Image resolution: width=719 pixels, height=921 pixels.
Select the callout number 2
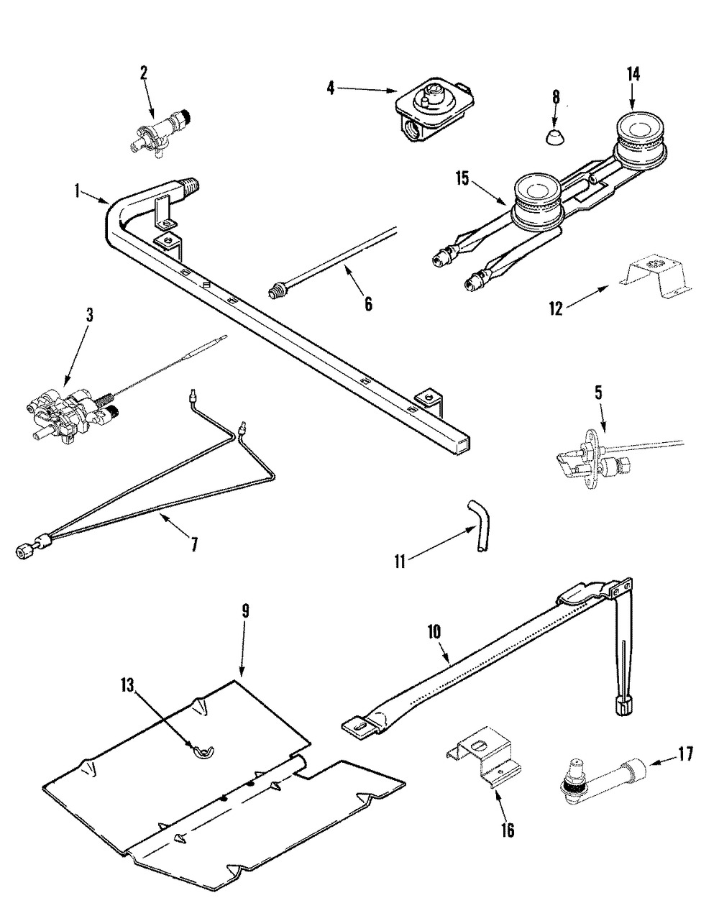[x=144, y=72]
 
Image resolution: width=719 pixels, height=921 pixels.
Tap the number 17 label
[x=684, y=755]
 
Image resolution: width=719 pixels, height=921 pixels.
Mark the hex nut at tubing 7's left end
[x=22, y=551]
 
